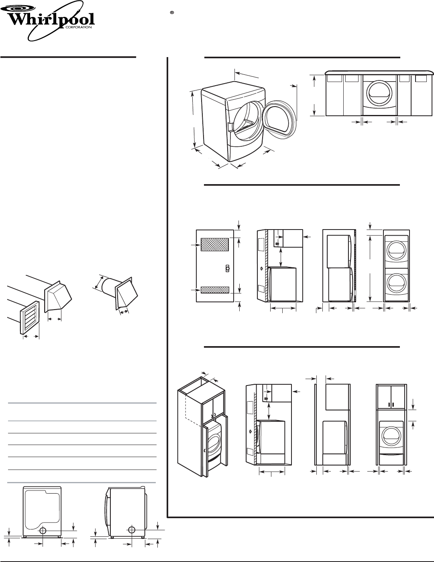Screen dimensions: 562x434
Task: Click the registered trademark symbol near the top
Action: click(x=171, y=13)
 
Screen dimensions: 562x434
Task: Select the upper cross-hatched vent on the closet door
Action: click(x=214, y=244)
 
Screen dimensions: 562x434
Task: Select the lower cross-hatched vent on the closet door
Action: click(x=215, y=289)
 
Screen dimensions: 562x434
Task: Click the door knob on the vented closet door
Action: click(x=227, y=269)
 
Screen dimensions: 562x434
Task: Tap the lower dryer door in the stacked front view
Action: click(x=396, y=283)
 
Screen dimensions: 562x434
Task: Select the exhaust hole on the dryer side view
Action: click(x=131, y=530)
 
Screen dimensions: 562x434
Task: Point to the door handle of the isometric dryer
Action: click(x=229, y=127)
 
